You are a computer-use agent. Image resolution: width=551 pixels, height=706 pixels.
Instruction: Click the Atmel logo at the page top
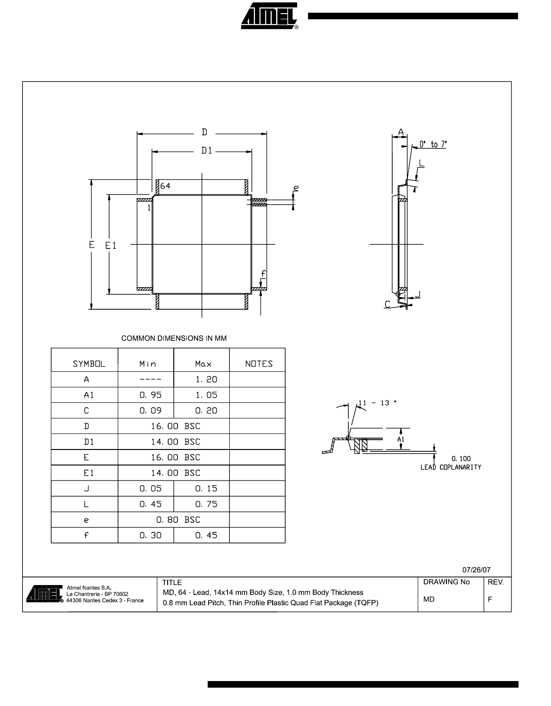pos(269,16)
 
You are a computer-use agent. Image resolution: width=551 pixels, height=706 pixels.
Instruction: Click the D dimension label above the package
pos(204,132)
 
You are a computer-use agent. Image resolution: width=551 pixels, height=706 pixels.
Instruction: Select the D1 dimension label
pos(207,151)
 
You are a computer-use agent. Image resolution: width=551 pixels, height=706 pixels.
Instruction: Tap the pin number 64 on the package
pos(165,186)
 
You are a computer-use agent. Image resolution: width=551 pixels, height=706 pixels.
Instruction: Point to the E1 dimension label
pos(111,246)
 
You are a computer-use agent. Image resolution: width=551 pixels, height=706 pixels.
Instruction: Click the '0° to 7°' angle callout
pos(433,144)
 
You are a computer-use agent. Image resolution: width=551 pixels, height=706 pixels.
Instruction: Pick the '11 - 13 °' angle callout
pos(377,403)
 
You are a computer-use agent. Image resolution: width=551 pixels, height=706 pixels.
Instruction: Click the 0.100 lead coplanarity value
pos(461,458)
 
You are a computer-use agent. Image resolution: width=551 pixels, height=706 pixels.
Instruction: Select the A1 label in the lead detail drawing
pos(401,439)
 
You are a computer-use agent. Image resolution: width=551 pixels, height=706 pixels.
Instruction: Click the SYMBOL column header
pos(89,364)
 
